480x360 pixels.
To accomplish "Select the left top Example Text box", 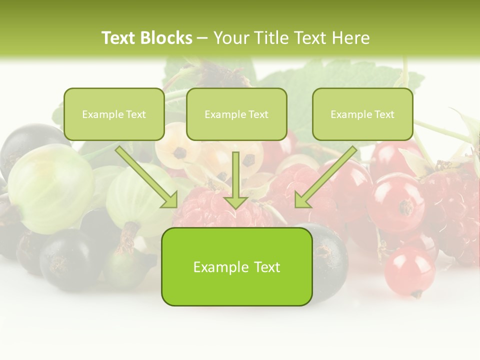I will (114, 114).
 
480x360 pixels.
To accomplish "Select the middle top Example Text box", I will (236, 114).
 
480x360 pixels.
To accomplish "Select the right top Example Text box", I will (362, 114).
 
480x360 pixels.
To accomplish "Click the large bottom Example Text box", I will (236, 266).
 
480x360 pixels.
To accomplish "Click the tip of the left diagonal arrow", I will (175, 206).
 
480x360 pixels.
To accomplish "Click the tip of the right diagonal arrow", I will (296, 206).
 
